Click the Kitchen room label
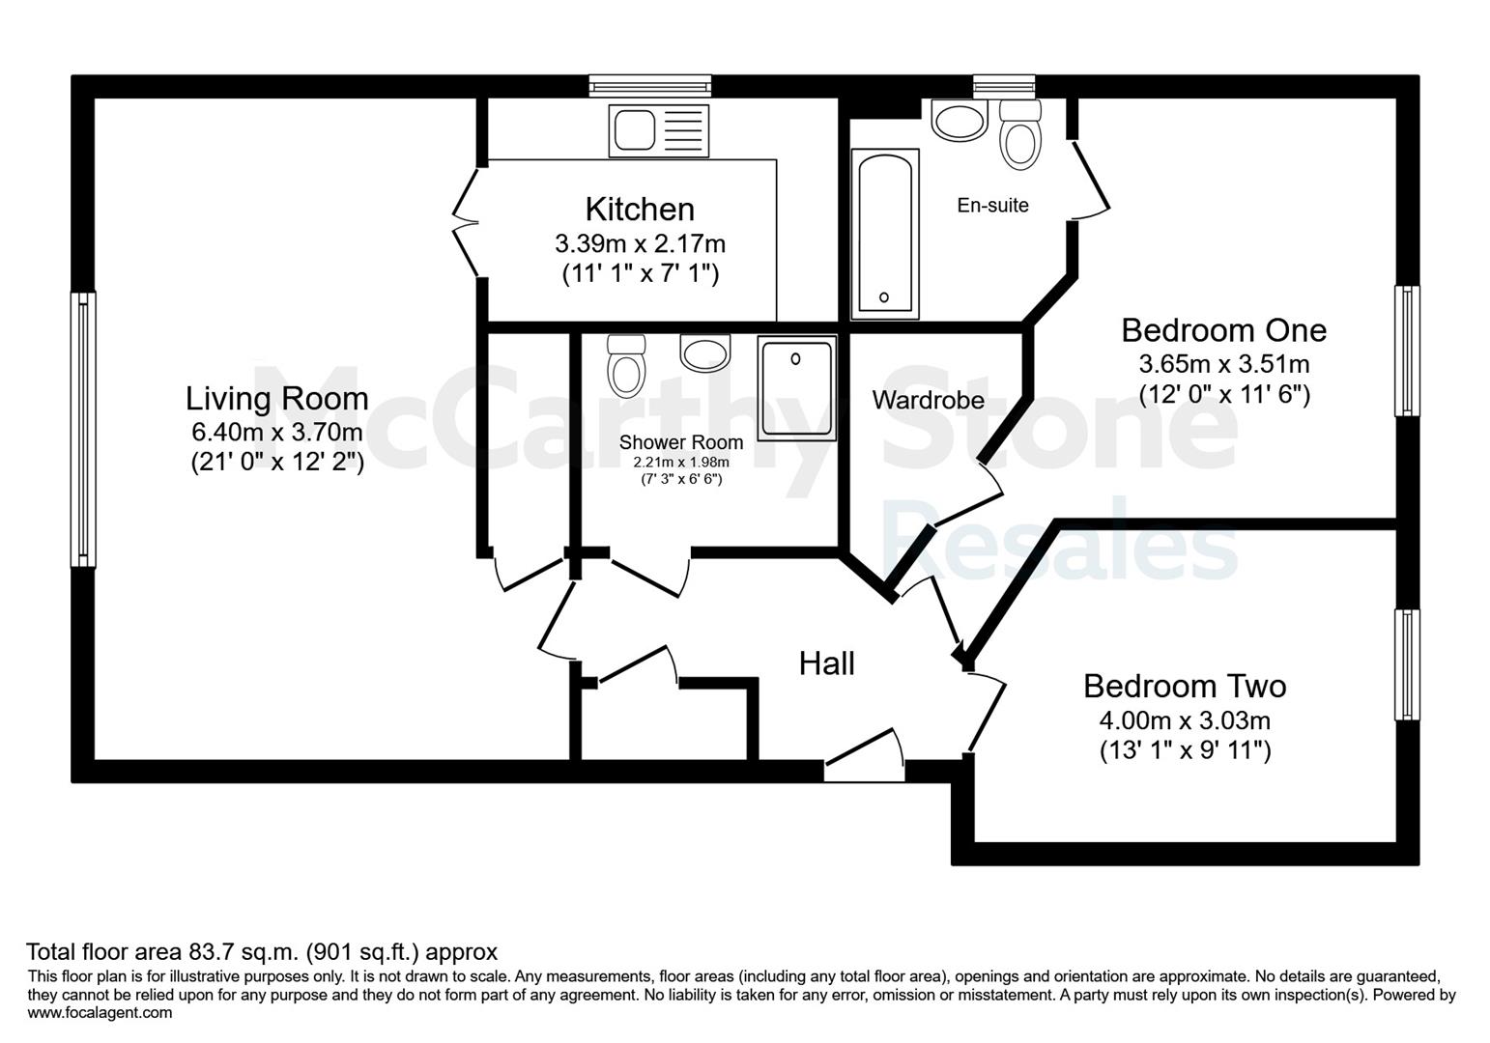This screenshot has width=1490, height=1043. point(640,210)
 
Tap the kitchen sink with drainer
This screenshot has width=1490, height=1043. point(659,130)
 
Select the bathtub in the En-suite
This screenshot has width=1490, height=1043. point(885,234)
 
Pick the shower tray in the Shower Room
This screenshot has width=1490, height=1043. point(796,388)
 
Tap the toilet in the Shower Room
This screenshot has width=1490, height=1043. point(626,366)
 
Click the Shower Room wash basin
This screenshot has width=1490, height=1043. point(705,352)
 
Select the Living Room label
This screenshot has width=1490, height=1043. point(276,399)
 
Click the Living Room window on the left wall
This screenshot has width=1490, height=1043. point(83,430)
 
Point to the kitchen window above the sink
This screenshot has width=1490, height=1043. point(650,86)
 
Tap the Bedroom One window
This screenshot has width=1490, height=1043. point(1407,351)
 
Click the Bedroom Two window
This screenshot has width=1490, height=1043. point(1407,664)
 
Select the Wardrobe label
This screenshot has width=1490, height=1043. point(928,400)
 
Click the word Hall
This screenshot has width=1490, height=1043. point(827,663)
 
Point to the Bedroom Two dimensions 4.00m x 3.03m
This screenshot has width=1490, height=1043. point(1185,719)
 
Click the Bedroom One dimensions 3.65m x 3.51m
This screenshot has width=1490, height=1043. point(1224,364)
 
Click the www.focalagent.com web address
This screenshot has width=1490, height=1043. point(100,1012)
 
